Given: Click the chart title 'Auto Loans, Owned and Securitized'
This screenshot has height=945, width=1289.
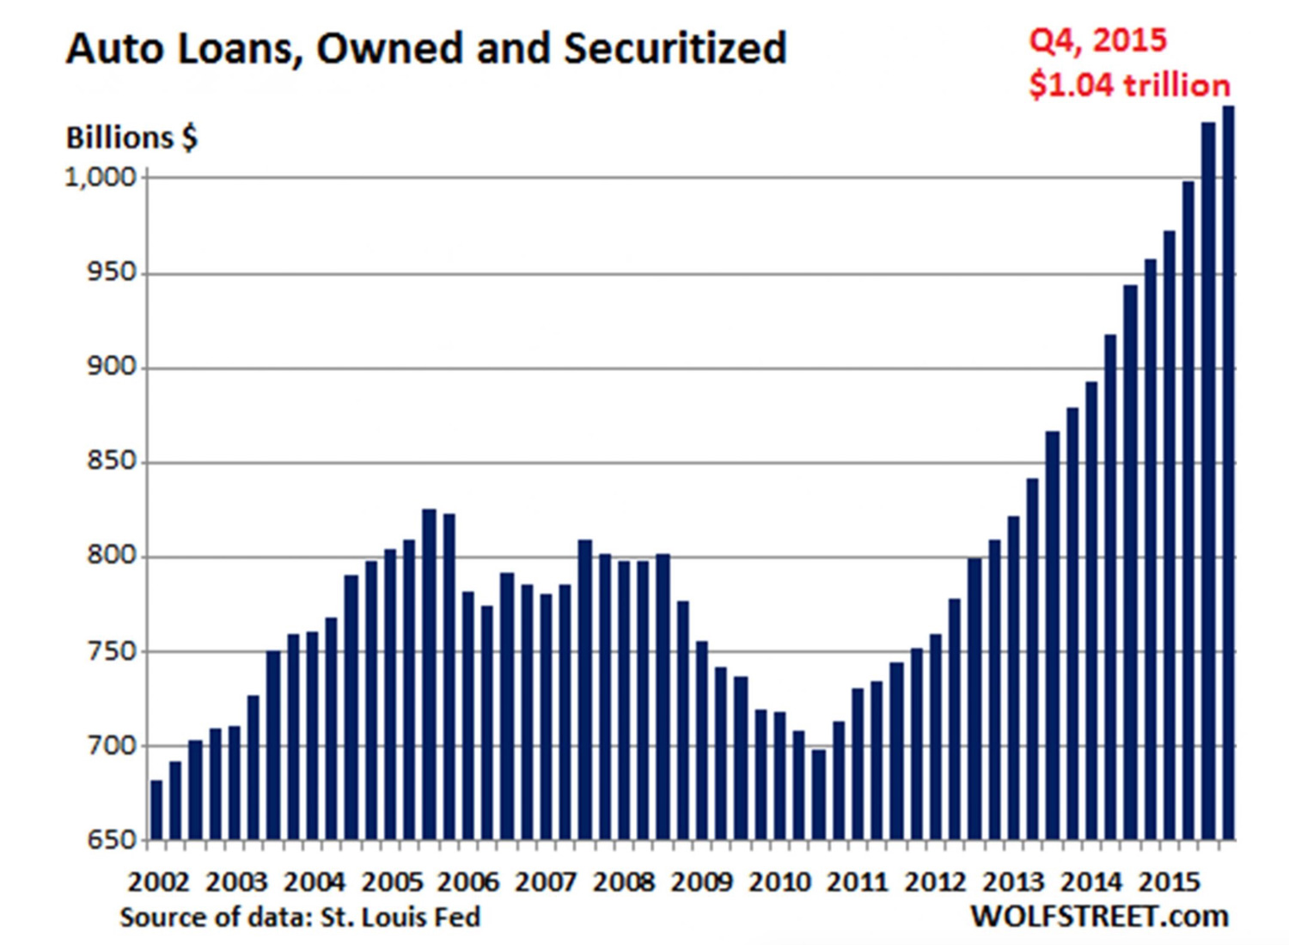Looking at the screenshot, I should [426, 48].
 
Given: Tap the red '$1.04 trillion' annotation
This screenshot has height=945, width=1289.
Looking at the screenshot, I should [1129, 85].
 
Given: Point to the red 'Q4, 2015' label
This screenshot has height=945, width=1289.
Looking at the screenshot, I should [1097, 40].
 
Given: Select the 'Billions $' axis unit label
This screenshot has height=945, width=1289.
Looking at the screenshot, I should [131, 137].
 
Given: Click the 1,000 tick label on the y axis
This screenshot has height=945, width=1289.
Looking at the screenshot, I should [101, 178].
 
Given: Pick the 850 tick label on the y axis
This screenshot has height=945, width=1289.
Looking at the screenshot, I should [112, 462].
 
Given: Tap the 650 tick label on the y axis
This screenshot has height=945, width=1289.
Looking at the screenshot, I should [112, 840].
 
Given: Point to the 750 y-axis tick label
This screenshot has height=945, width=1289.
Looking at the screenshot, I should [112, 651].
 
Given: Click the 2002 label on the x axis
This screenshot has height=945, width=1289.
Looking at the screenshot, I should [158, 882].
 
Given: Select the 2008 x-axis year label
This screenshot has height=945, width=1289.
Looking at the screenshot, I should [624, 882].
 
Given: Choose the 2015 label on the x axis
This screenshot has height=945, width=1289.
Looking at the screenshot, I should [1169, 882].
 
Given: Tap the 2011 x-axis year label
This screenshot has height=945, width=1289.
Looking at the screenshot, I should [858, 882].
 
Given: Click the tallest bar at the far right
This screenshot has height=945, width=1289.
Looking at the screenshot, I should [1228, 472].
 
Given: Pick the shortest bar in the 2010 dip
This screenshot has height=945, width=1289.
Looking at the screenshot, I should [819, 794].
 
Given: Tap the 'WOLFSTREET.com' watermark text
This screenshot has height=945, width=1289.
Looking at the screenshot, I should [1099, 917].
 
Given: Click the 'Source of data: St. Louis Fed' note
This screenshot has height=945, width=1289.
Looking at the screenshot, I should [300, 918].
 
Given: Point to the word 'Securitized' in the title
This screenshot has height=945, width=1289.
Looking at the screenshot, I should [675, 48].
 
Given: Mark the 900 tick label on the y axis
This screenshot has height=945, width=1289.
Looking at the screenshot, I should [112, 368].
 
